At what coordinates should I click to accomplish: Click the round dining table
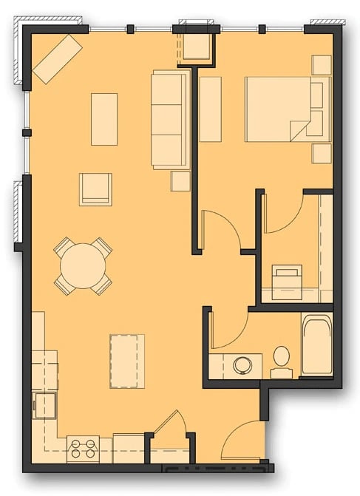[83, 267]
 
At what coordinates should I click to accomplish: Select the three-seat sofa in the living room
[169, 119]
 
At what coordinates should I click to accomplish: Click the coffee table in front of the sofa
[104, 119]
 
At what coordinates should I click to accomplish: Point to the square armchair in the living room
[95, 189]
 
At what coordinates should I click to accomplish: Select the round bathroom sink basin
[242, 364]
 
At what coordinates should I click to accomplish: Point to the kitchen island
[126, 361]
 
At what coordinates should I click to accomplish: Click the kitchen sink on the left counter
[45, 405]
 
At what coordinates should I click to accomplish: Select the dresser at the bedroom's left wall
[211, 109]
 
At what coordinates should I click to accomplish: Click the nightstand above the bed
[322, 65]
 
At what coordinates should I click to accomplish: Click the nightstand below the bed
[322, 153]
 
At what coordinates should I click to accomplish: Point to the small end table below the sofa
[180, 181]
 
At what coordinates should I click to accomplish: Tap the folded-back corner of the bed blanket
[299, 129]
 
